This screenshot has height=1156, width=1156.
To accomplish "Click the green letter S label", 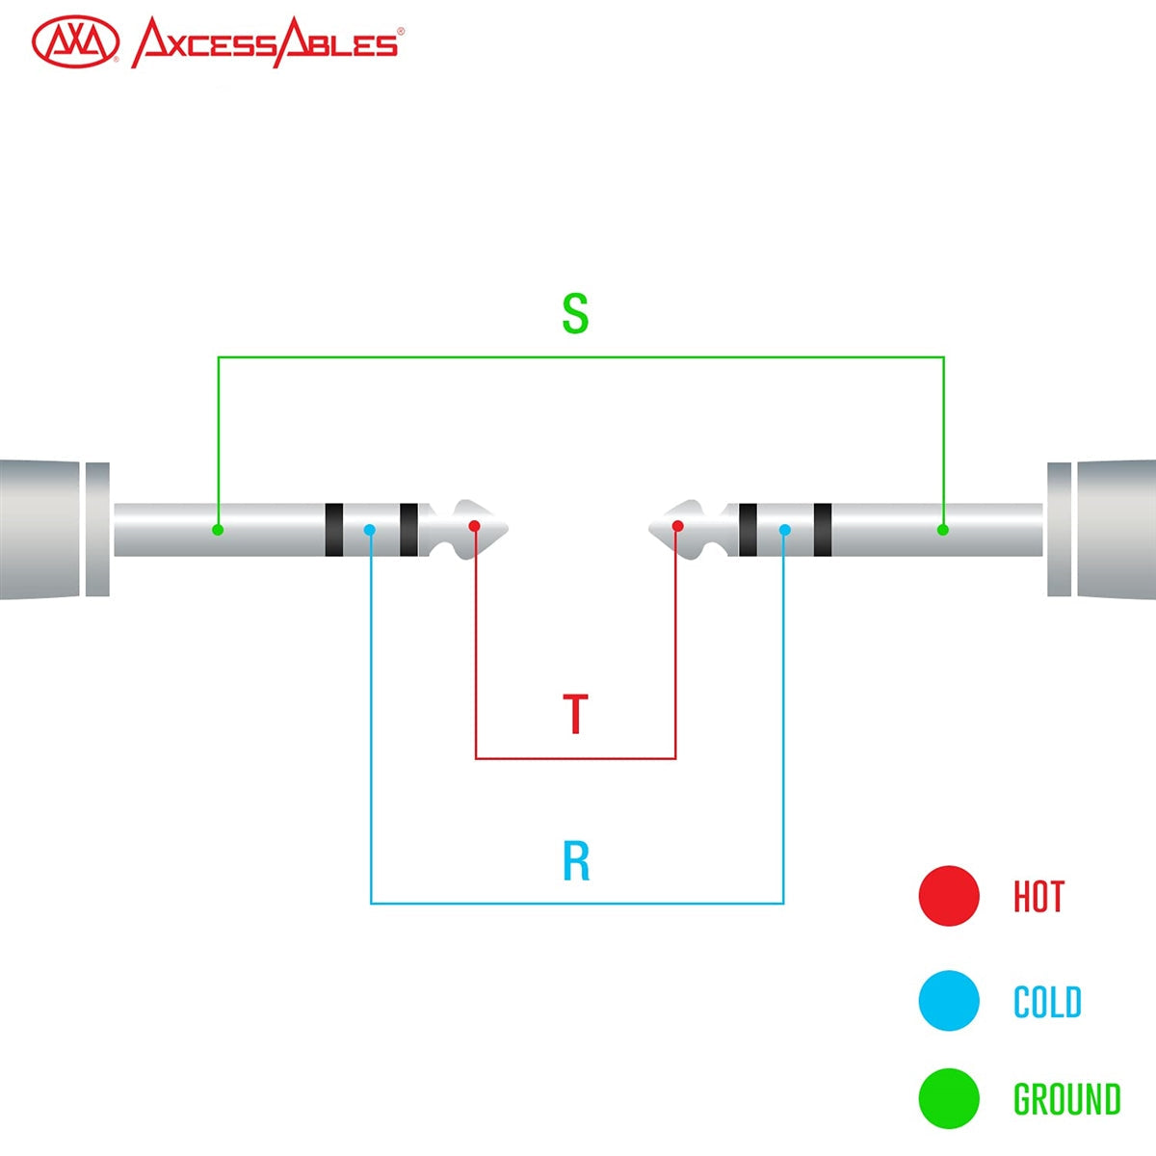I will point(575,314).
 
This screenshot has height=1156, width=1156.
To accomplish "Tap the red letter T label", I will point(575,714).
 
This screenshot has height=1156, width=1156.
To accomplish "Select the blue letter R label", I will point(576,862).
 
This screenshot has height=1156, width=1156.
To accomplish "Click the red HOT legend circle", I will point(949,896).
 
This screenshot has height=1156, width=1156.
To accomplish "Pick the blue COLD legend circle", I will point(949,1001).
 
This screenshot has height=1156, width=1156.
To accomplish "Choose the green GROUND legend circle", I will point(949,1098).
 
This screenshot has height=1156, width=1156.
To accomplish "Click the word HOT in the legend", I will point(1038,897).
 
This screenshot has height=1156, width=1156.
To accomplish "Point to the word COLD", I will point(1047,1003).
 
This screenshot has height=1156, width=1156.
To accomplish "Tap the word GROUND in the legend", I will point(1066,1099).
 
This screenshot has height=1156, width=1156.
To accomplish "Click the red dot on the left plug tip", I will point(474,526).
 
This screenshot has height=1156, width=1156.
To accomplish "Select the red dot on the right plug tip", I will point(678,526).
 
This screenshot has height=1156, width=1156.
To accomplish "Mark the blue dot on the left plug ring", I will point(370,530).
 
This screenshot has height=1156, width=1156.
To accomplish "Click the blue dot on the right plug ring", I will point(785,530).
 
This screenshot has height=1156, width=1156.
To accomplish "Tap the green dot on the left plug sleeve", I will point(218,530).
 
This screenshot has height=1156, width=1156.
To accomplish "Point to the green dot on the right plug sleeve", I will point(943,530).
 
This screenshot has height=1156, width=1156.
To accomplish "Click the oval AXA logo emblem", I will point(75,43).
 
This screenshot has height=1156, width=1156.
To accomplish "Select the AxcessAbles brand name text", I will point(265,43).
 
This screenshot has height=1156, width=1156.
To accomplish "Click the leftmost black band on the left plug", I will point(334,530).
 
